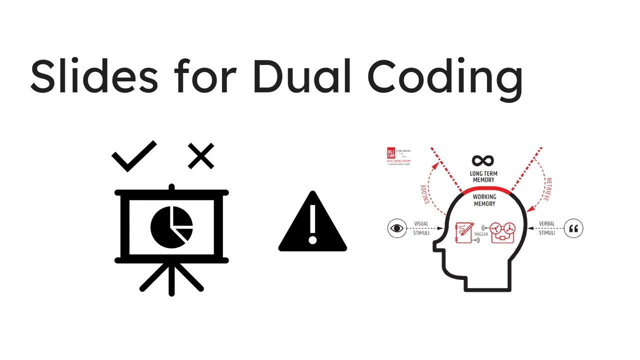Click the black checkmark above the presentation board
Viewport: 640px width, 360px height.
pyautogui.click(x=133, y=156)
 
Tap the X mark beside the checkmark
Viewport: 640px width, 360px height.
pyautogui.click(x=201, y=156)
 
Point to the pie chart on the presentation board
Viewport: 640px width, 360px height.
pyautogui.click(x=171, y=226)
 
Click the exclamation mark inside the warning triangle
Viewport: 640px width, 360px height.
pyautogui.click(x=312, y=225)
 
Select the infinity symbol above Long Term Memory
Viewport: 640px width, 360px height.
pyautogui.click(x=483, y=161)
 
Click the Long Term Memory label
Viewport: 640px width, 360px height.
pyautogui.click(x=483, y=176)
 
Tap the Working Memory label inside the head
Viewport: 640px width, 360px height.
pyautogui.click(x=484, y=200)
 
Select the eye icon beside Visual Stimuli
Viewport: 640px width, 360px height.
pyautogui.click(x=397, y=228)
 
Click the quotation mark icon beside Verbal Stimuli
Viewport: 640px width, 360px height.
pyautogui.click(x=573, y=229)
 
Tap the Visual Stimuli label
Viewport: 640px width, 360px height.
pyautogui.click(x=421, y=228)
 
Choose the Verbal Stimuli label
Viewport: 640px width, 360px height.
pyautogui.click(x=546, y=228)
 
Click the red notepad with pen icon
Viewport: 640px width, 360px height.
pyautogui.click(x=464, y=232)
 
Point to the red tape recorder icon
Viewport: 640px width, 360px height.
pyautogui.click(x=502, y=232)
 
